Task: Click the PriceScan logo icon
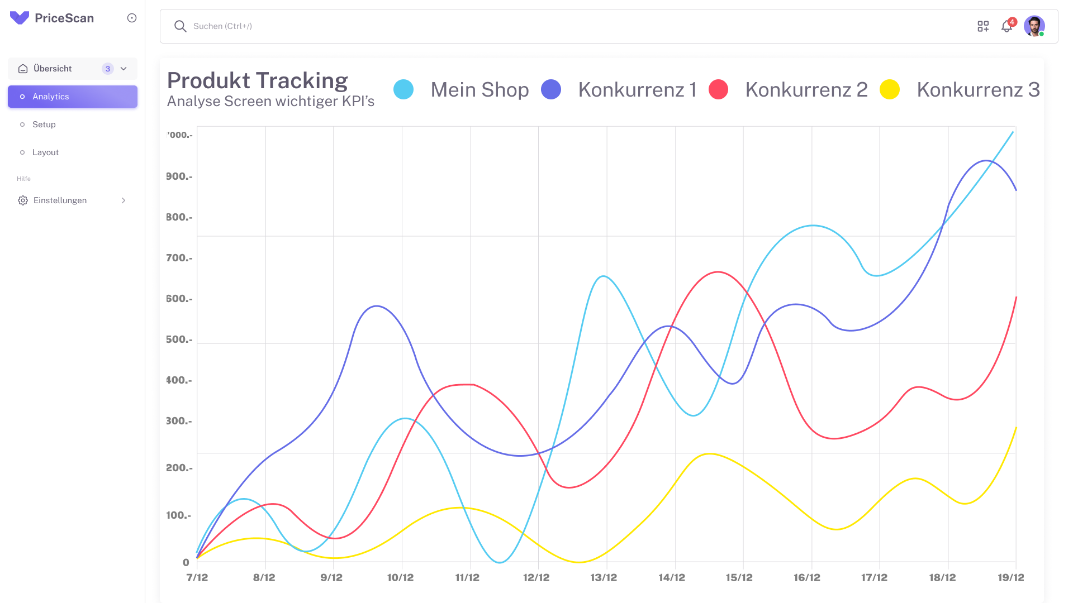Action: (20, 18)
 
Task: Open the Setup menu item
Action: (44, 125)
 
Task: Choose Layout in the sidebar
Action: (45, 152)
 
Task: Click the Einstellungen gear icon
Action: (23, 200)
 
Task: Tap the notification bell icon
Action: (1006, 26)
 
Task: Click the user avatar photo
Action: (1034, 26)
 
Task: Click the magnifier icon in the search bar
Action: (180, 26)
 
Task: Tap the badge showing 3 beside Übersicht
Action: (108, 69)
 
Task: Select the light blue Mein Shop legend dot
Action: (403, 89)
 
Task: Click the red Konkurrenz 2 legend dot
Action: (718, 89)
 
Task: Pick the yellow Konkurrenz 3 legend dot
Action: (890, 89)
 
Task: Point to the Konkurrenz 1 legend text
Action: (637, 89)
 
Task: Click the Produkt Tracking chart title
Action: (258, 80)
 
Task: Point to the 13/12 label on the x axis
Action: (604, 577)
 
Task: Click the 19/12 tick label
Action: (1011, 577)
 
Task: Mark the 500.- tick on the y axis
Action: (179, 339)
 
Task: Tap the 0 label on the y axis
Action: (186, 562)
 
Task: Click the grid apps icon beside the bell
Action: (983, 26)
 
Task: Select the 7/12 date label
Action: (197, 577)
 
